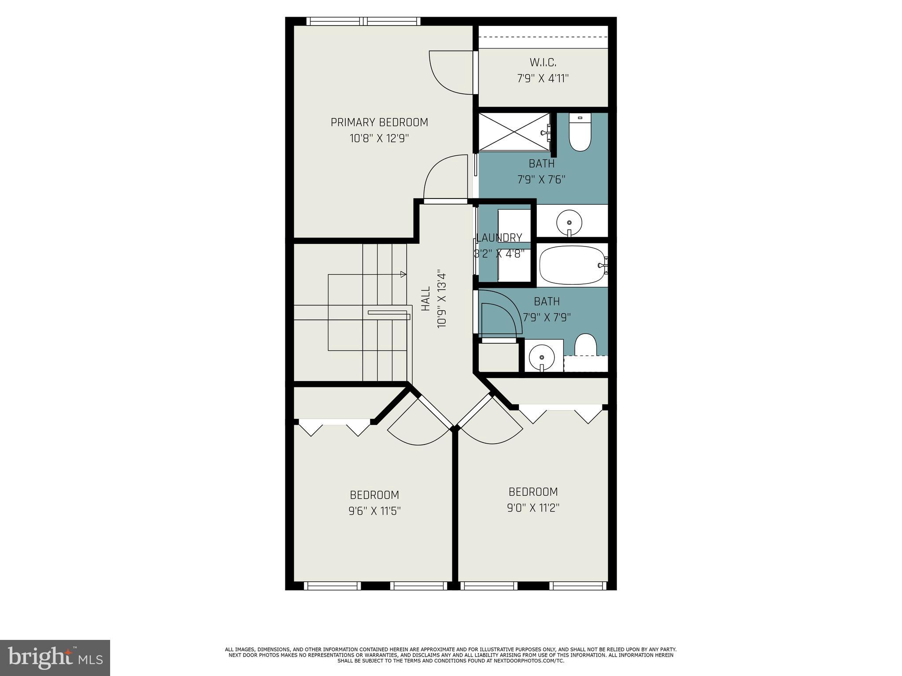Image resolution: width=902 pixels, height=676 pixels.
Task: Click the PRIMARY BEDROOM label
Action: click(x=379, y=122)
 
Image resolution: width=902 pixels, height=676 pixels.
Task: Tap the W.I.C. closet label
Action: click(x=543, y=62)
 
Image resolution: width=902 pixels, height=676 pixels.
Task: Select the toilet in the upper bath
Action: click(x=580, y=133)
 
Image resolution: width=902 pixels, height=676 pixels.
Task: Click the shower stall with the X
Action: click(x=514, y=132)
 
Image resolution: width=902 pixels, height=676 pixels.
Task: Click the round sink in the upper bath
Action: click(x=569, y=222)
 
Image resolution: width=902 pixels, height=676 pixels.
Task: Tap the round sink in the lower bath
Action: click(x=542, y=356)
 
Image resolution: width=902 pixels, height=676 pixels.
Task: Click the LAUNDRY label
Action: click(x=499, y=238)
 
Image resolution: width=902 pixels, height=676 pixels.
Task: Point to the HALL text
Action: click(x=425, y=299)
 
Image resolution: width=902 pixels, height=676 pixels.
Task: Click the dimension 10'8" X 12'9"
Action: click(x=379, y=139)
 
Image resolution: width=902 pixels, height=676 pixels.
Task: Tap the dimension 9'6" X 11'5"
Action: click(x=374, y=511)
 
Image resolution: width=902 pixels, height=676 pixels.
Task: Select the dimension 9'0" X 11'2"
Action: click(x=533, y=508)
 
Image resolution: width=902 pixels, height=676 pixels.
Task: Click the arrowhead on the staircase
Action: click(x=403, y=274)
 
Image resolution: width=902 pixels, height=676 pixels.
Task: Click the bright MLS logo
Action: click(x=55, y=658)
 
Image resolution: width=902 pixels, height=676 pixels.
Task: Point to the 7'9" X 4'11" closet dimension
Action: click(x=543, y=79)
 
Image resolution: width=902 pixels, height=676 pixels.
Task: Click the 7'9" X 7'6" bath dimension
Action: click(x=541, y=180)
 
